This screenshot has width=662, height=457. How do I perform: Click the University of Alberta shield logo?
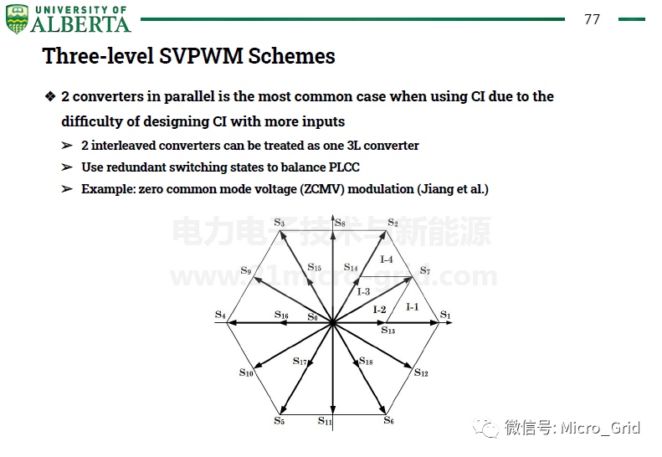(x=17, y=19)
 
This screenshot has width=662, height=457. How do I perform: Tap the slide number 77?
(x=592, y=19)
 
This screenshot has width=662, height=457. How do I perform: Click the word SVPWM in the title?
(x=201, y=56)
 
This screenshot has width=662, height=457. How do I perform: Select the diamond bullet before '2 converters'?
(x=50, y=96)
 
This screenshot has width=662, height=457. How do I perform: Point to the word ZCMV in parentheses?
(x=321, y=189)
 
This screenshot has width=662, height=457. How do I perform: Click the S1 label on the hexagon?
(x=445, y=315)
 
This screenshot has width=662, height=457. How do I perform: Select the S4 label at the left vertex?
(x=220, y=315)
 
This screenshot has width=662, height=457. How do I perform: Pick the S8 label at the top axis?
(x=341, y=223)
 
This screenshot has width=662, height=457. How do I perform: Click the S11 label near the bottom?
(x=325, y=421)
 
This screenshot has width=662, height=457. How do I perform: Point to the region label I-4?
(x=387, y=259)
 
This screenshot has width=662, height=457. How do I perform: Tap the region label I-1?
(x=412, y=307)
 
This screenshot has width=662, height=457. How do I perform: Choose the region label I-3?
(x=363, y=291)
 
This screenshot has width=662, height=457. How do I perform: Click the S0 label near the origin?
(x=312, y=317)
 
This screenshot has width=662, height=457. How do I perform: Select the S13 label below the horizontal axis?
(x=388, y=330)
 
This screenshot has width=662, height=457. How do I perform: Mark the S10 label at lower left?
(x=246, y=372)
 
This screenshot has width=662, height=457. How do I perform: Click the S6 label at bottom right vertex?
(x=389, y=420)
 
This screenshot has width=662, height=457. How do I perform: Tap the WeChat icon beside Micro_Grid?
(x=485, y=427)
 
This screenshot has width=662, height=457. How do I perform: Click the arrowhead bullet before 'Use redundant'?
(x=67, y=167)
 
